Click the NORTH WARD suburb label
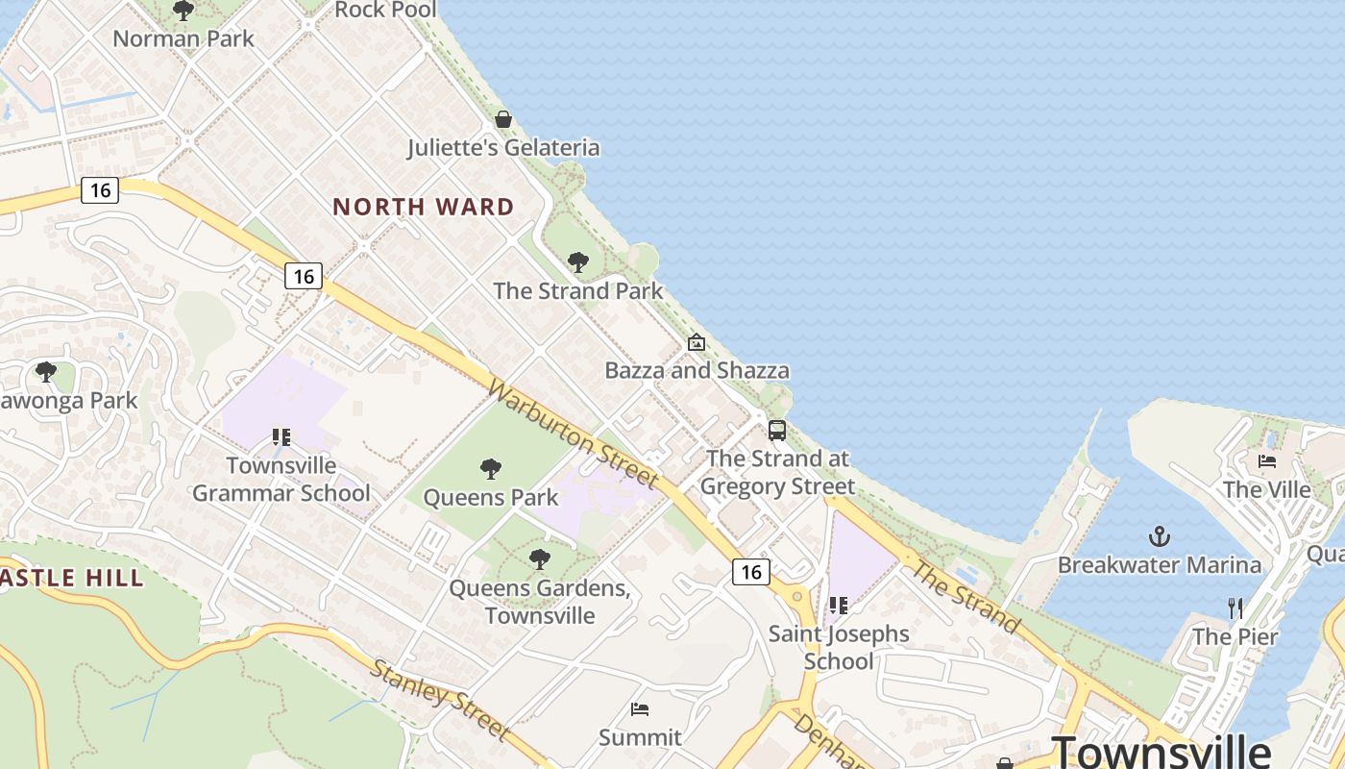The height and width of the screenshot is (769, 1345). [424, 207]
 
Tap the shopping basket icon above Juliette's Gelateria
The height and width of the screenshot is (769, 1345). [503, 119]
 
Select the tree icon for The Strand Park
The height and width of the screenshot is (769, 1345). [578, 261]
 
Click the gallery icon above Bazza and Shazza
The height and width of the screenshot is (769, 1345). [697, 342]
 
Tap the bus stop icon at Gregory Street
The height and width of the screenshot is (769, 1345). [776, 430]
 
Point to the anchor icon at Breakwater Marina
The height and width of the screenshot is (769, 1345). [1160, 535]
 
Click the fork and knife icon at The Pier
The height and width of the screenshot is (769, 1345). [1235, 608]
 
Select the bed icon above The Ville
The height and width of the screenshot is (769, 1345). [1267, 461]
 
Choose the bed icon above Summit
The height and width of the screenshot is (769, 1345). [640, 709]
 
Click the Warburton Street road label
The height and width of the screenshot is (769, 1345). [574, 434]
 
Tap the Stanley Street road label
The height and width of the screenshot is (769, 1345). [440, 699]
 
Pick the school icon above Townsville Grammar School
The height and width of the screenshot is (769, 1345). [281, 437]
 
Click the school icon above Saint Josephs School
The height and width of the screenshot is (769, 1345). [839, 606]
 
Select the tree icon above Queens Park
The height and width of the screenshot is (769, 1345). [491, 469]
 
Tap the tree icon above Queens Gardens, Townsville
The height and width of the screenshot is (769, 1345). [540, 558]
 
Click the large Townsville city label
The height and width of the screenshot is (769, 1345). [1161, 750]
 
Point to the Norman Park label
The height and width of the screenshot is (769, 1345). [183, 38]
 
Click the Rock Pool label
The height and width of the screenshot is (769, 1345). [385, 10]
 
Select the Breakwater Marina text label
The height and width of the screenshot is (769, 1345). [1160, 564]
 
